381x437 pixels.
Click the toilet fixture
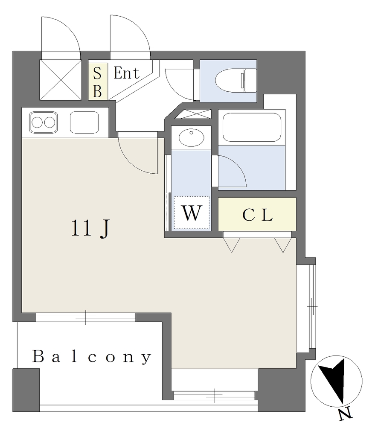tap(236, 81)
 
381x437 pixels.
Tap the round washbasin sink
tap(192, 137)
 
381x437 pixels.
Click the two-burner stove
tap(44, 122)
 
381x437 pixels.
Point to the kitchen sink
tap(84, 122)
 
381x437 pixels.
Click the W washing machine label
tap(192, 213)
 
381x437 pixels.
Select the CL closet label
tap(257, 215)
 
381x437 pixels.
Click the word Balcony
tap(92, 357)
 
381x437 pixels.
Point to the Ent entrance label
tap(127, 73)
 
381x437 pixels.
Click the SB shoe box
tap(98, 82)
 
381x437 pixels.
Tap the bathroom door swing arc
tap(232, 171)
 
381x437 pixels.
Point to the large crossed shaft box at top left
tap(61, 80)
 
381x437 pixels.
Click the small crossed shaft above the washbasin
tap(193, 114)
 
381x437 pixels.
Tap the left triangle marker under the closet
tap(232, 245)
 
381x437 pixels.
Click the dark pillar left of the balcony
tap(26, 390)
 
